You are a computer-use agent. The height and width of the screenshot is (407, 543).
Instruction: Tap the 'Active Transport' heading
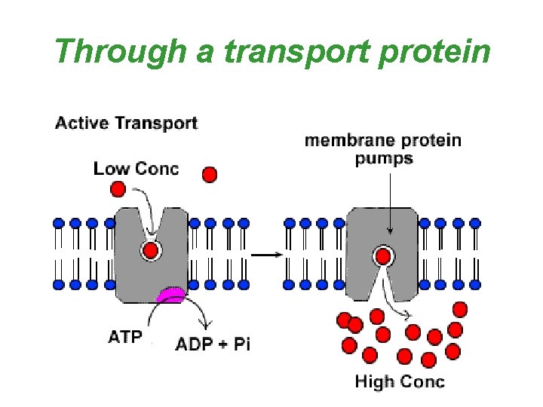coord(126,124)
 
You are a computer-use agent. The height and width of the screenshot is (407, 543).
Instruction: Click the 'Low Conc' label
coord(136,168)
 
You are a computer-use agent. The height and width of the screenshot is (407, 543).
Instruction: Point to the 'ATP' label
coord(124,337)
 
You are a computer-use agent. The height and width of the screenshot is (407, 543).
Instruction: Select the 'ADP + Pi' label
coord(212,345)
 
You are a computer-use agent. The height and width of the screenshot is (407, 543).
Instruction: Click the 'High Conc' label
coord(400,381)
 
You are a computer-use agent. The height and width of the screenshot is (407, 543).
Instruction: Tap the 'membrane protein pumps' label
coord(383,148)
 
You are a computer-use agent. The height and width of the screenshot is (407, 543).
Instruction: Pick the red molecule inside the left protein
coord(152,250)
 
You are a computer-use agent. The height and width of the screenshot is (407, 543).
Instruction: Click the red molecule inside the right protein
coord(384,256)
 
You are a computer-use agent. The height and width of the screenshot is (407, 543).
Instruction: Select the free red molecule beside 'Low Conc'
coord(210,175)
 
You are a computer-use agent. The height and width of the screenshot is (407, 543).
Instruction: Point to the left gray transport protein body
coord(128,264)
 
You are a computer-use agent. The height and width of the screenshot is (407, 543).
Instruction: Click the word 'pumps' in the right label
coord(383,158)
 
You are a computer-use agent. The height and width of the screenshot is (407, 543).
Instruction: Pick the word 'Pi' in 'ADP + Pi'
coord(241,345)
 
